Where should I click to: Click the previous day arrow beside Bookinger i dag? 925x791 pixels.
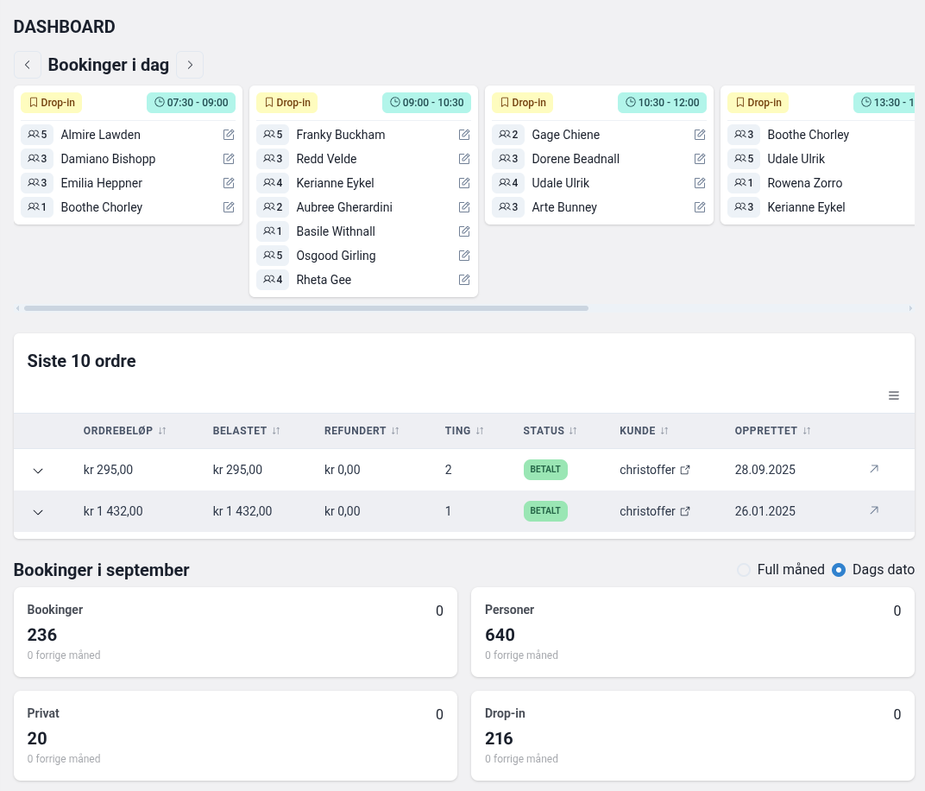pos(28,65)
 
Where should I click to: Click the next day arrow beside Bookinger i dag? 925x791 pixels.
pos(190,65)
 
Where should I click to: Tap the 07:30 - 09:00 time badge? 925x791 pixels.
pos(192,103)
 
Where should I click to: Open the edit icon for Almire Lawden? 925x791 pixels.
pos(229,135)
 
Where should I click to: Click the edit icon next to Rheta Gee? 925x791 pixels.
pos(464,280)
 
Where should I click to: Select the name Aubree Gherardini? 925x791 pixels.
pos(344,207)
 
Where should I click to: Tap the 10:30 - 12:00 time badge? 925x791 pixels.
pos(662,103)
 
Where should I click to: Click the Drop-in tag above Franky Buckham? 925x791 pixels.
pos(287,103)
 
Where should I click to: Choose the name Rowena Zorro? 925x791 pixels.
pos(804,183)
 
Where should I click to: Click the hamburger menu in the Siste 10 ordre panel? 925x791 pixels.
pos(894,395)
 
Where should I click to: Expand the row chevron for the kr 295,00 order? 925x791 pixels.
pos(38,471)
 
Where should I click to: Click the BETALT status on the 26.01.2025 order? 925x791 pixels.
pos(545,511)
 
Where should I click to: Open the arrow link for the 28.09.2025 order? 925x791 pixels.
pos(874,469)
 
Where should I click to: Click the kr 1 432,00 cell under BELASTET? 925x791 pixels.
pos(242,511)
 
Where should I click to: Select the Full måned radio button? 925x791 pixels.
pos(744,570)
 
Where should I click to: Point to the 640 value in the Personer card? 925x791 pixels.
pos(500,636)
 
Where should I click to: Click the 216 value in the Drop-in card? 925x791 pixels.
pos(499,739)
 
